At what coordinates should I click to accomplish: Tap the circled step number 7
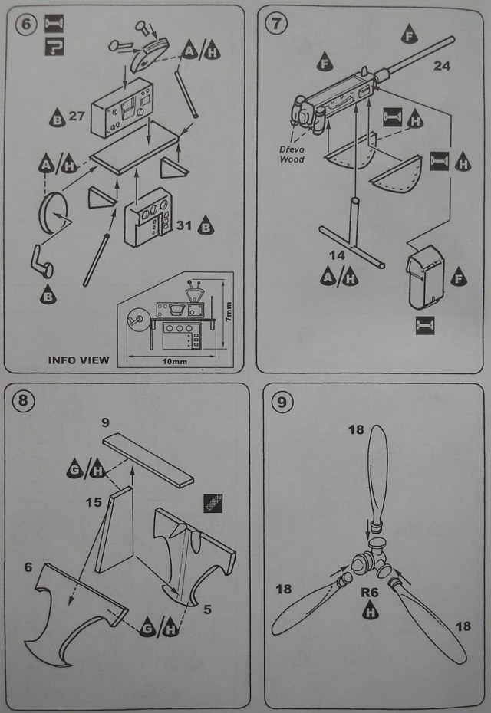(275, 24)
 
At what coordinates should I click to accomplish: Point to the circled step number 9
(278, 400)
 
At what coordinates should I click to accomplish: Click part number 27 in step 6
(76, 117)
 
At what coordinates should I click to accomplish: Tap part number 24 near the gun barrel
(442, 67)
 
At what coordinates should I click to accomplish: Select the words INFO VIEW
(78, 359)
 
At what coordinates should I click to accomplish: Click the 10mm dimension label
(171, 359)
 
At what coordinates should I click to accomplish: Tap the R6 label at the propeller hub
(371, 592)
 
